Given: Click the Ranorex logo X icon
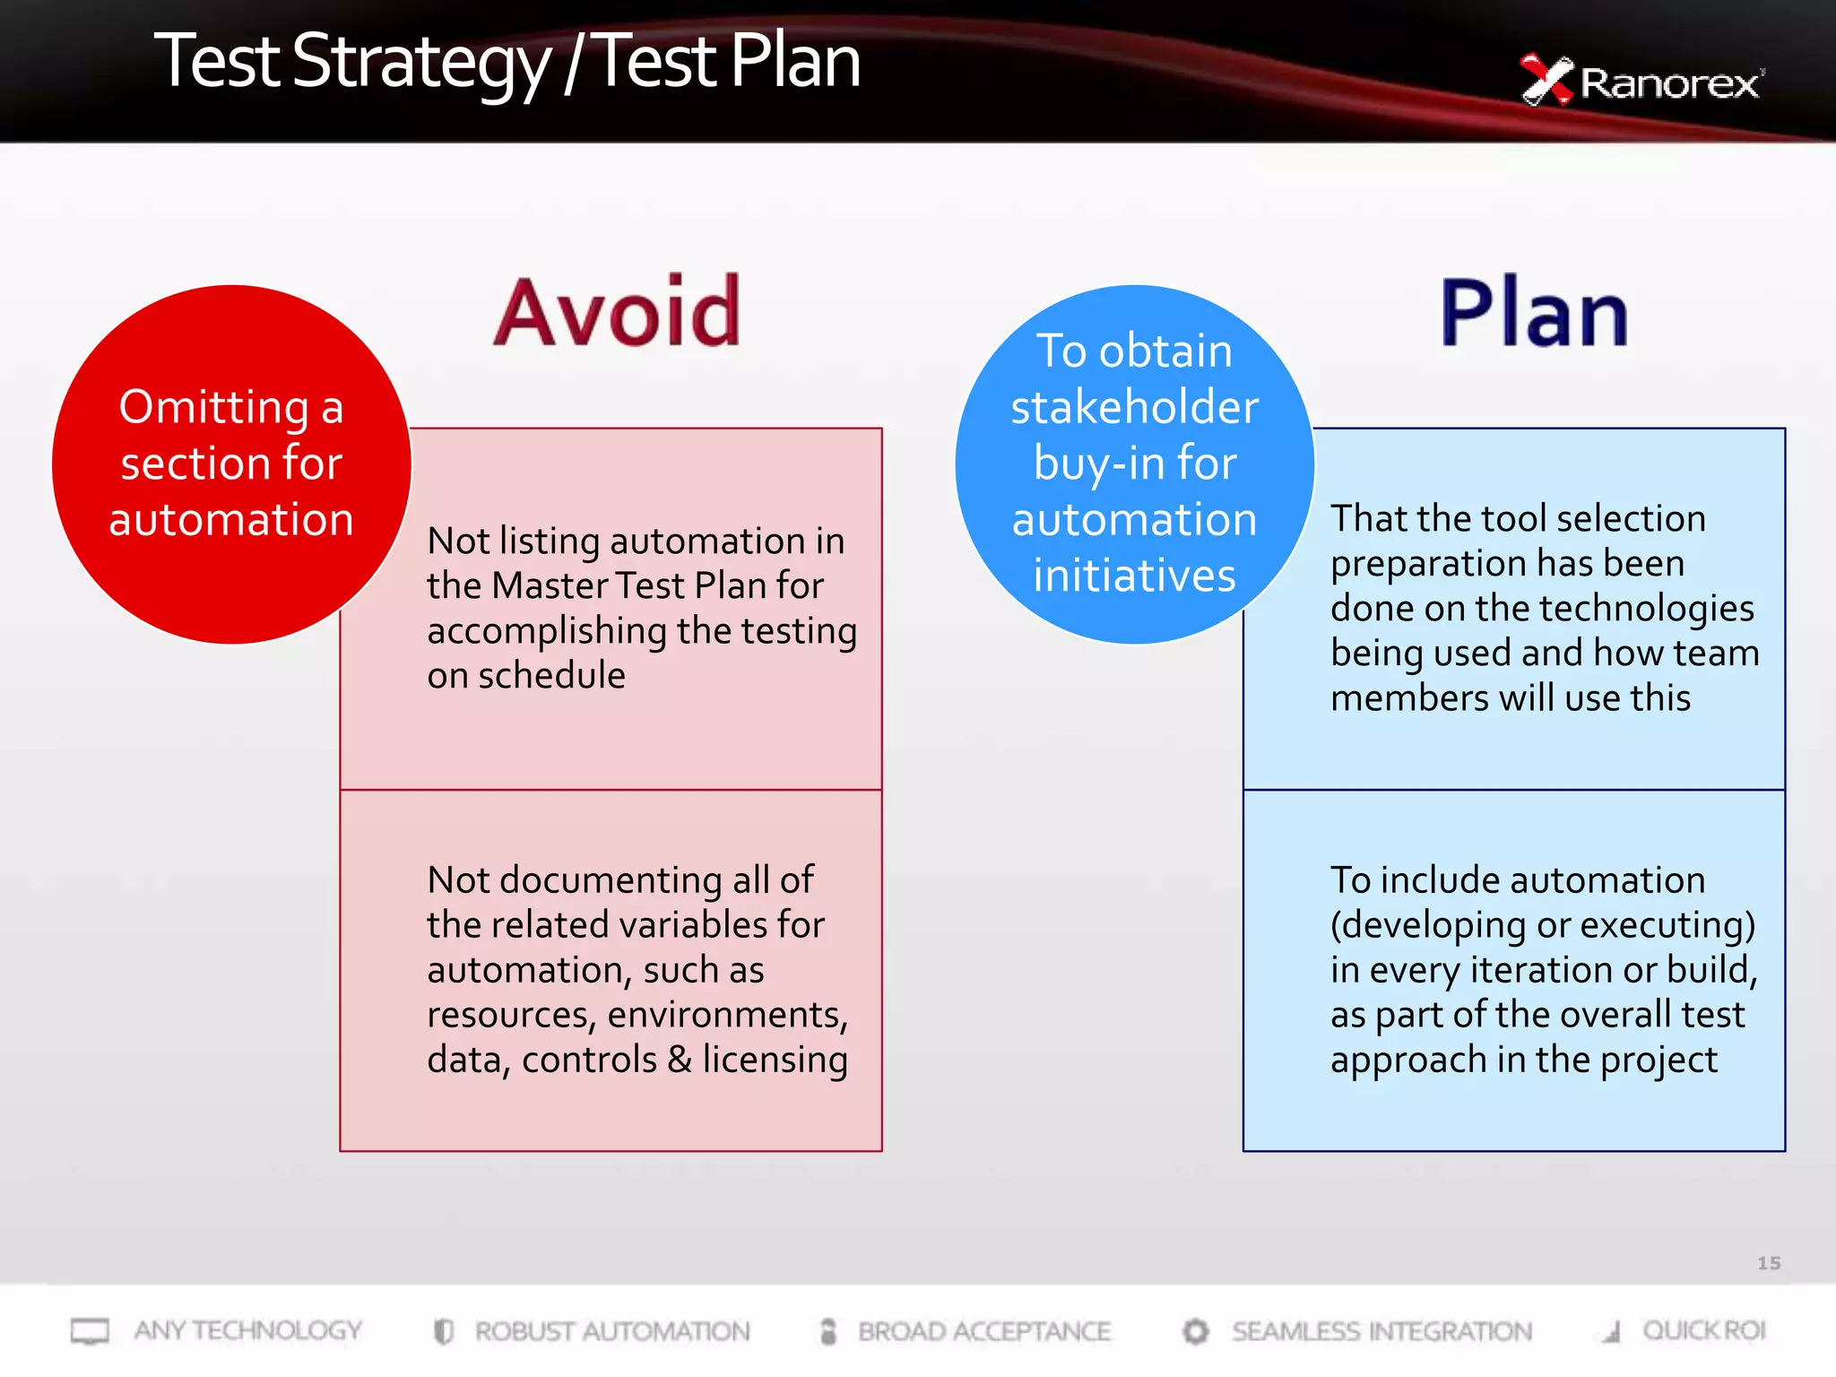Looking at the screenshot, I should click(x=1546, y=81).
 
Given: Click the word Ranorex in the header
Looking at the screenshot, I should click(x=1669, y=84).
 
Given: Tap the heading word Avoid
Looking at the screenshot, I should click(x=618, y=313).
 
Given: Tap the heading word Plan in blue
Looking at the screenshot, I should click(x=1534, y=313).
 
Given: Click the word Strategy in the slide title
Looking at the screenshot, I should click(x=420, y=63).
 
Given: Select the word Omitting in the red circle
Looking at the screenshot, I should click(x=214, y=408).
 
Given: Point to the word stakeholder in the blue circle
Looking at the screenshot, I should click(x=1135, y=408).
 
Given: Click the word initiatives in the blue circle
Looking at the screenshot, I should click(x=1135, y=576).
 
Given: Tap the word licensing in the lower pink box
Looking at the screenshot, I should click(x=775, y=1060).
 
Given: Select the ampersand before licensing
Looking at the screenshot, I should click(x=680, y=1060).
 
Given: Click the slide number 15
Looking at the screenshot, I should click(x=1768, y=1263).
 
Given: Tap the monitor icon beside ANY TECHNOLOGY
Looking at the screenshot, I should click(x=90, y=1331).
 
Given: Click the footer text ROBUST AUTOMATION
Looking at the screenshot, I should click(x=612, y=1331).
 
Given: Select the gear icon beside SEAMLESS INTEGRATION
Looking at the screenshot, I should click(x=1195, y=1331).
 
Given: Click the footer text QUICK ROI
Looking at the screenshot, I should click(x=1703, y=1331).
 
